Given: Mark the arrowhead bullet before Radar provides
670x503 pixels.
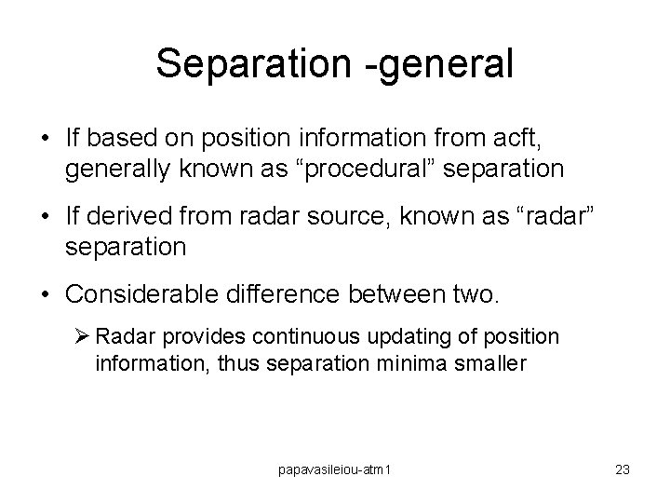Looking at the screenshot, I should pos(81,335).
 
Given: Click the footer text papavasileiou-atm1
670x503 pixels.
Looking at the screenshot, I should pos(335,470).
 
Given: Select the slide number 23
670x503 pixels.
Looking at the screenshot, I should pos(622,470).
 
